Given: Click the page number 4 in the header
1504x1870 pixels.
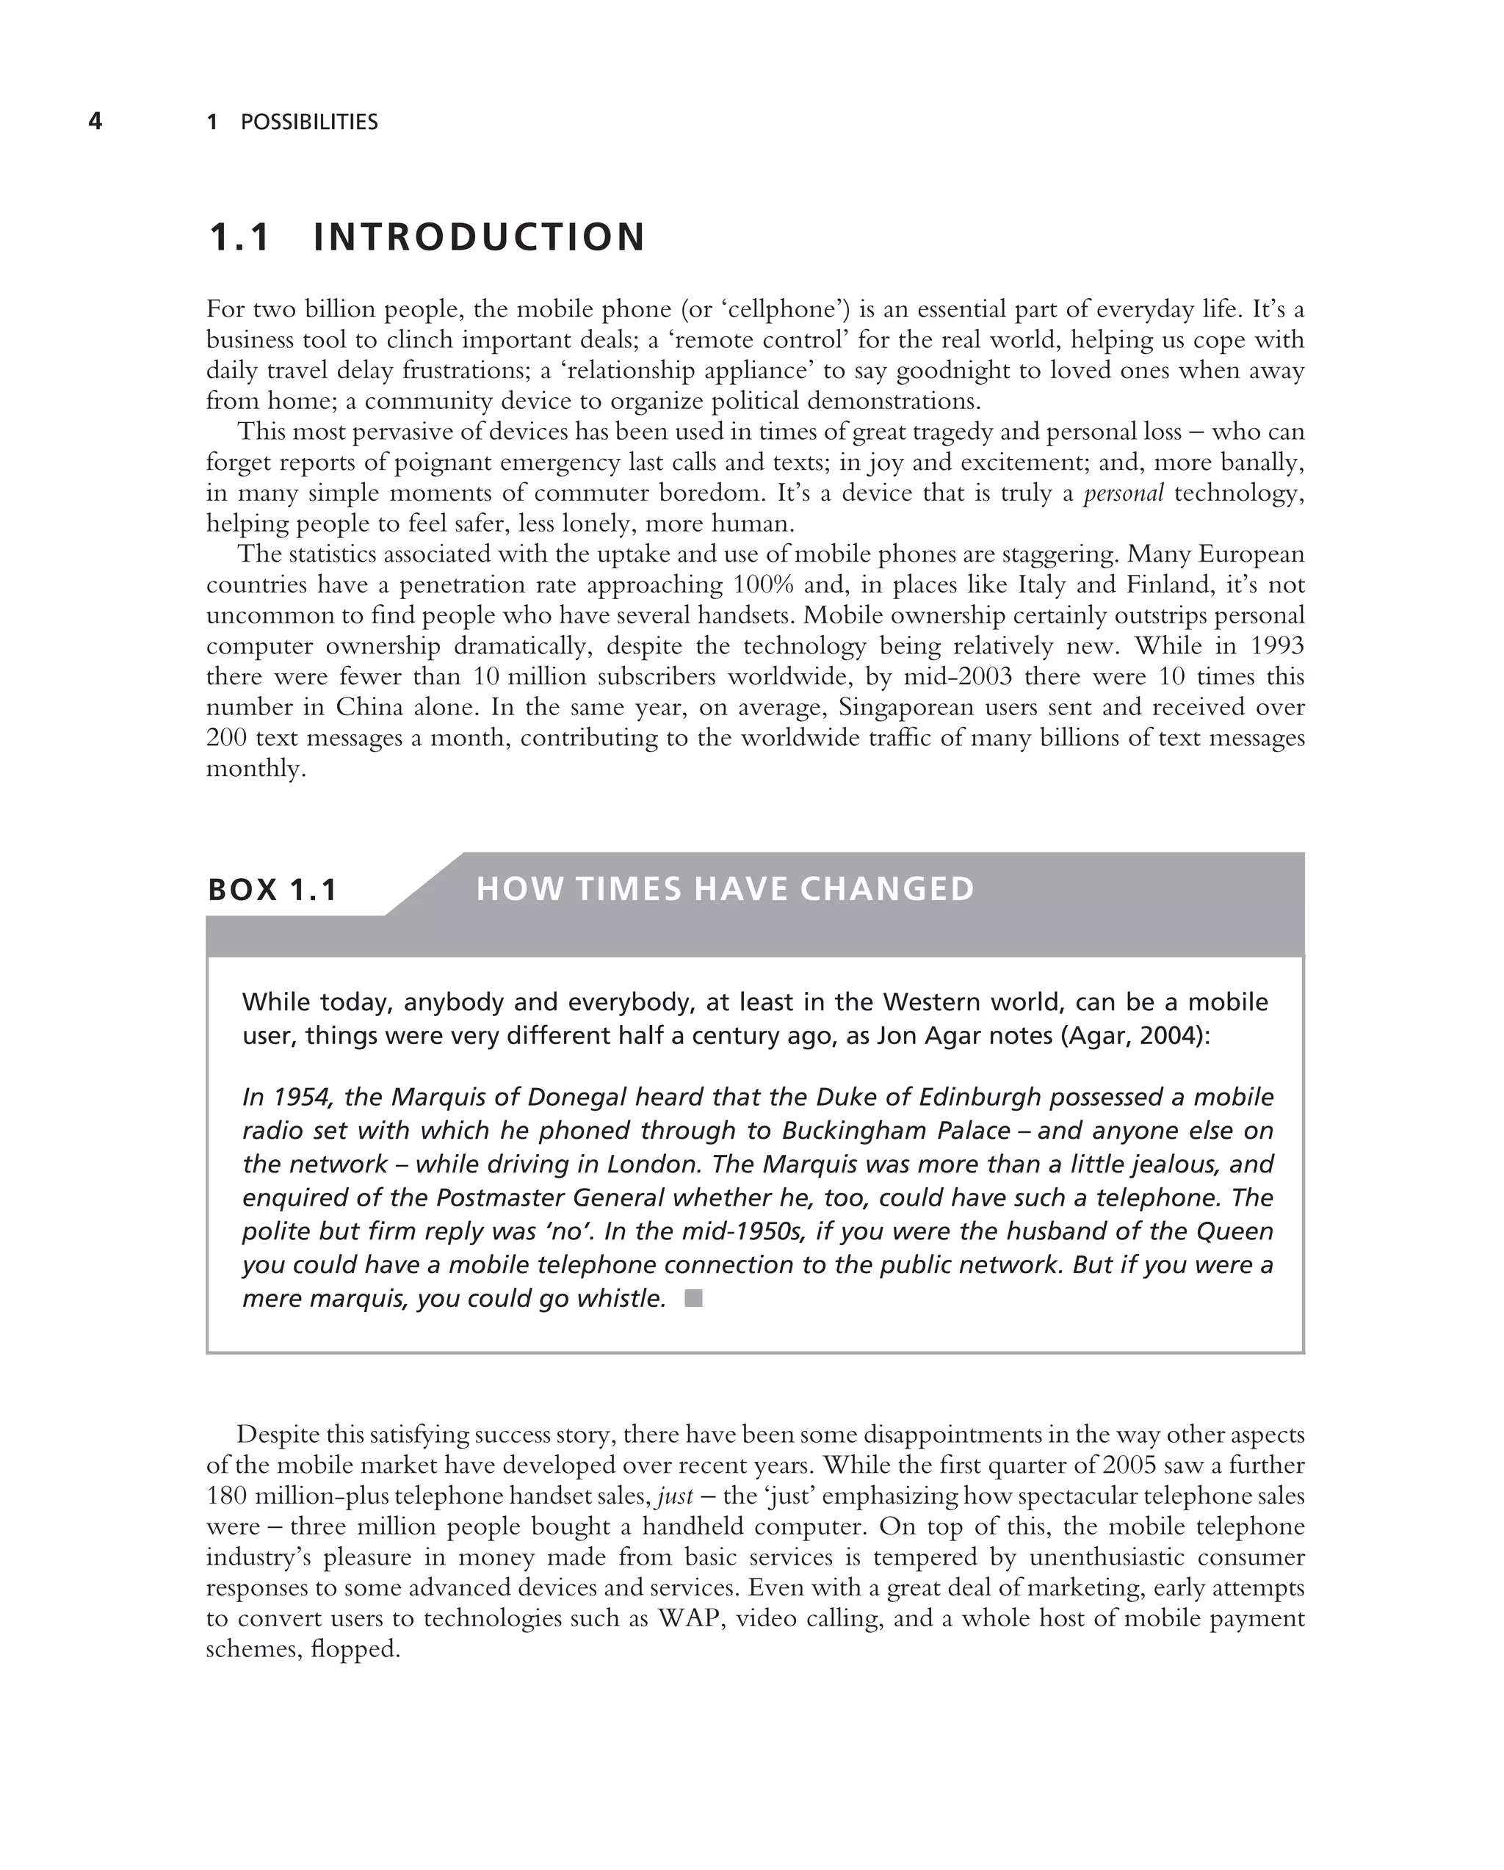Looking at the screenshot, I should [95, 121].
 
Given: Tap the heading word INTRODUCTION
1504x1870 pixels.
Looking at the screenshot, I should [479, 238].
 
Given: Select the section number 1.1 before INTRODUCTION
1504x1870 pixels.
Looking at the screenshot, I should [240, 238].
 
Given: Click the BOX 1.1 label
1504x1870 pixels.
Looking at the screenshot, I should [272, 890].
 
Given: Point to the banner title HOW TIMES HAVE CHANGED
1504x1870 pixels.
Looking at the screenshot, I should [725, 889].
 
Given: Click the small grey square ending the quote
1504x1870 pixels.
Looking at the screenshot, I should [693, 1298].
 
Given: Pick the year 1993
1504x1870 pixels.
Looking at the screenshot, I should [1277, 646].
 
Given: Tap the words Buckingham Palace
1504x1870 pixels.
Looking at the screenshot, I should [896, 1131].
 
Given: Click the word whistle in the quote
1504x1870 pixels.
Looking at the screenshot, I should [621, 1298].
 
